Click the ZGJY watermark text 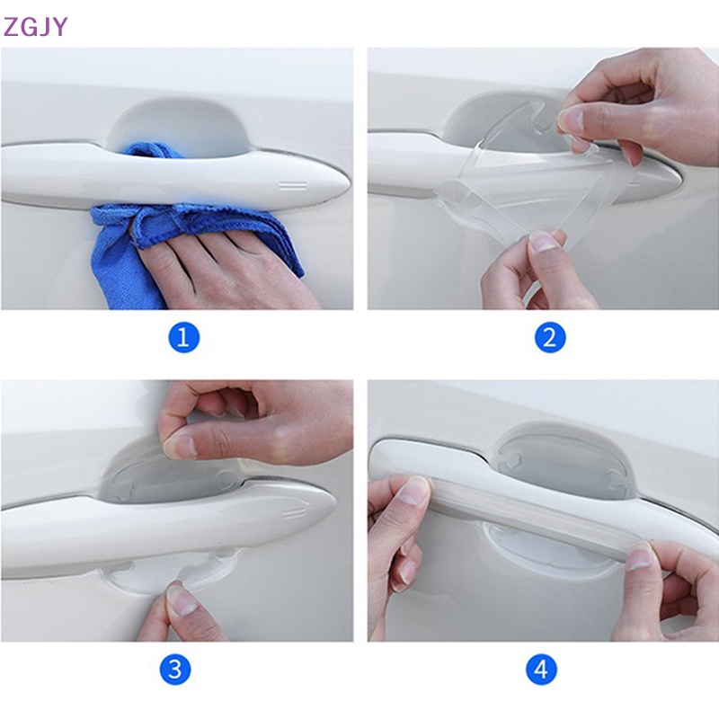click(35, 26)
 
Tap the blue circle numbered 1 click(183, 338)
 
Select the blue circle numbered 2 click(549, 338)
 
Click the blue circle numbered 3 click(175, 670)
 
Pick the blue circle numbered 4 click(542, 670)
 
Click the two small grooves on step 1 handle click(292, 186)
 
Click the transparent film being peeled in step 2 click(503, 193)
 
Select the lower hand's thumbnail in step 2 click(543, 241)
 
